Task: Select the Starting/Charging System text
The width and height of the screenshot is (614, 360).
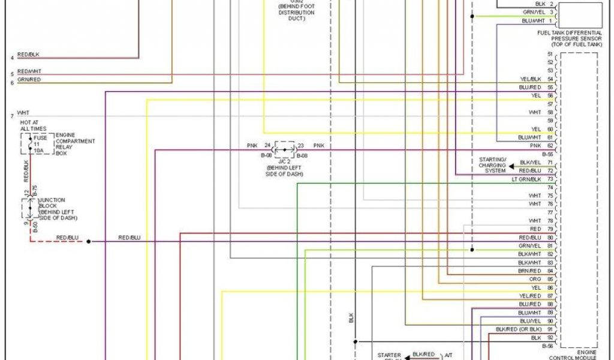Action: pos(492,165)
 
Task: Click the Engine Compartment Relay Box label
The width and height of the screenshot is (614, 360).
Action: pos(75,144)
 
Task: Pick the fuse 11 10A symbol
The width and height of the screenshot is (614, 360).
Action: pos(37,145)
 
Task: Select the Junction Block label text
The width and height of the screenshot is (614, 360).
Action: pos(58,208)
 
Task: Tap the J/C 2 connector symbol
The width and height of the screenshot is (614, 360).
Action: pos(285,149)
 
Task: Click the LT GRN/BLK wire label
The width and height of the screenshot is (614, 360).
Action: pos(526,179)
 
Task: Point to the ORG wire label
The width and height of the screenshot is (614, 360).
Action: pos(535,279)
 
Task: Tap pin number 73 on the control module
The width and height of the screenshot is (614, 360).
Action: pos(550,179)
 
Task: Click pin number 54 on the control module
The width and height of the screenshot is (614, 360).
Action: pos(550,79)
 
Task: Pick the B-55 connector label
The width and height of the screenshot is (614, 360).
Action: pos(547,154)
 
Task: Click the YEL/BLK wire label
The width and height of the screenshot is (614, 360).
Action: pos(531,79)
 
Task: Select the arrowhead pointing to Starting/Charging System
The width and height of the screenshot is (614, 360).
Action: pos(512,166)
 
